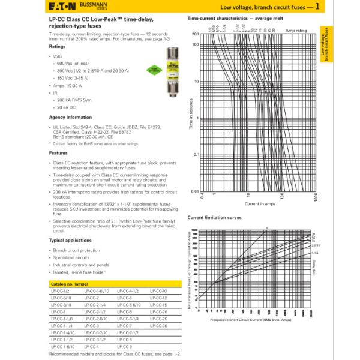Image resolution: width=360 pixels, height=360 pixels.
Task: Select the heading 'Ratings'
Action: (x=58, y=46)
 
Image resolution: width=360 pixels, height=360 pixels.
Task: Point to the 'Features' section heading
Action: (x=58, y=153)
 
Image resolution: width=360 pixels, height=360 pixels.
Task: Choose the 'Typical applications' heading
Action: (x=70, y=240)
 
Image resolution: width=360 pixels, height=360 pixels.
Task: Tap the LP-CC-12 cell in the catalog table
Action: (x=158, y=297)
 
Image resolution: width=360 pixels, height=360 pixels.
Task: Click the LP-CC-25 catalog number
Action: (x=158, y=319)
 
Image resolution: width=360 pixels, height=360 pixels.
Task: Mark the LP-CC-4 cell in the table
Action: (x=91, y=347)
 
